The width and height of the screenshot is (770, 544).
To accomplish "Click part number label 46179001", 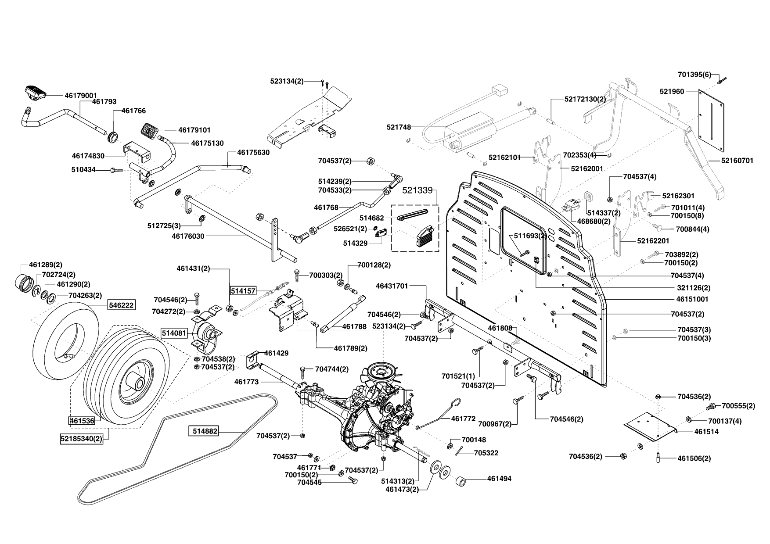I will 81,95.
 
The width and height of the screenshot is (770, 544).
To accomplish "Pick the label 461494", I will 499,479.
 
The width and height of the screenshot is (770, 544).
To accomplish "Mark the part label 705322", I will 486,453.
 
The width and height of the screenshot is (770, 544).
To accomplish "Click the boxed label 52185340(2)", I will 82,438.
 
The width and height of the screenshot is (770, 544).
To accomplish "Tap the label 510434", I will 83,169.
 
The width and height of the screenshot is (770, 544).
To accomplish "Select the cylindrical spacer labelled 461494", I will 462,480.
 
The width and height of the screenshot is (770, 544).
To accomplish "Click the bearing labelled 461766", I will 113,136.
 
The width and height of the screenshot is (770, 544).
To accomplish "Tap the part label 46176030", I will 188,236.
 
